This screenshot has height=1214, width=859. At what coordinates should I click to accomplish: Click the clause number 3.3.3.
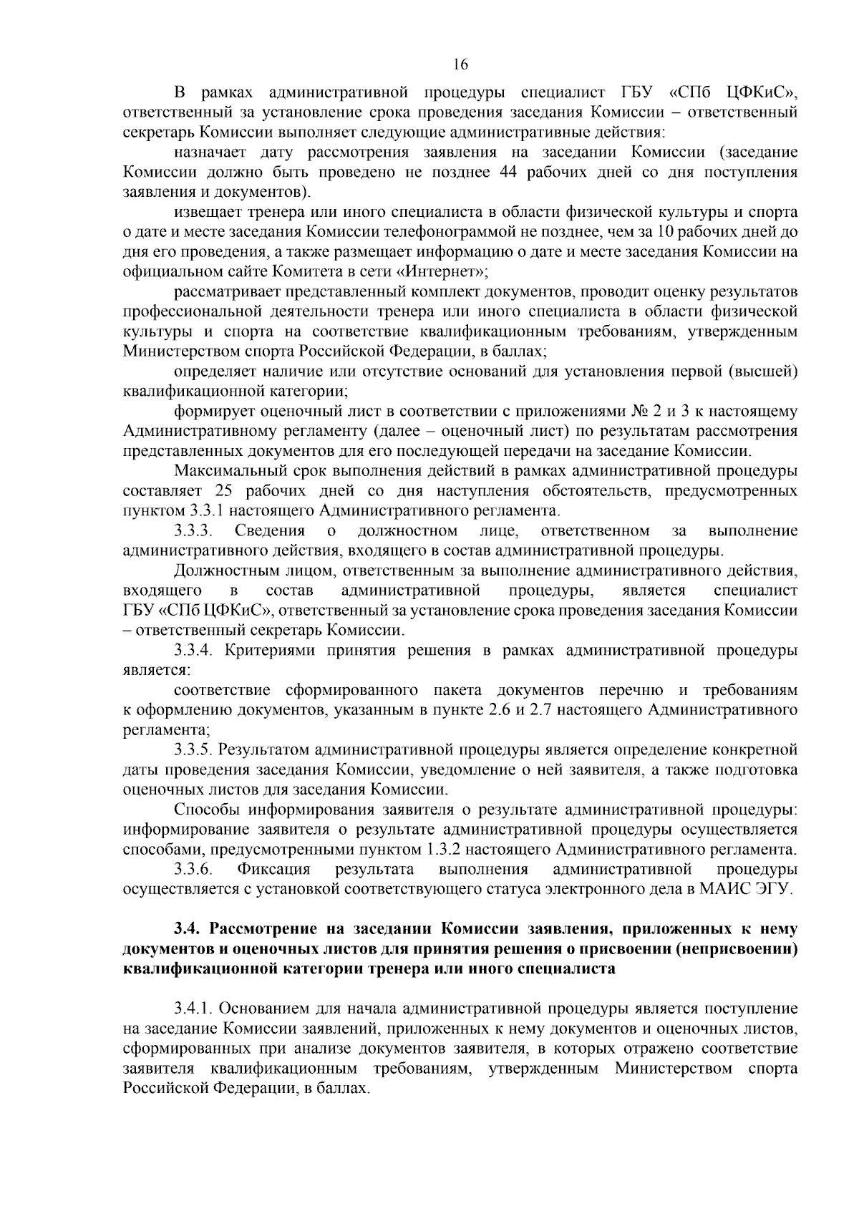194,531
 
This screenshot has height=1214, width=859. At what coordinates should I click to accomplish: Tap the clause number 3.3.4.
194,651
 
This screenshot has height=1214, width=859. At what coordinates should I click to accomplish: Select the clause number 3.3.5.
194,750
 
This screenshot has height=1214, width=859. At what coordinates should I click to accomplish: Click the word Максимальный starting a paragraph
225,471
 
